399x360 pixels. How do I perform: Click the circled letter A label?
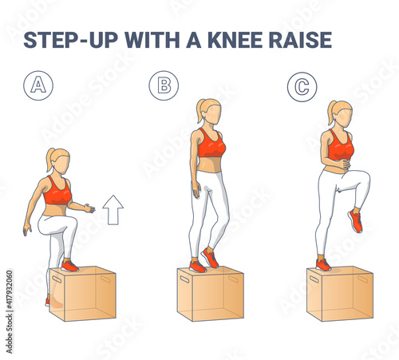point(38,85)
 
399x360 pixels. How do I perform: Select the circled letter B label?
point(164,85)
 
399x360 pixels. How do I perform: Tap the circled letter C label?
point(302,87)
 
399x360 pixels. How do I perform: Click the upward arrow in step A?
point(113,210)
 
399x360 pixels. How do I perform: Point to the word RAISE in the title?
point(301,40)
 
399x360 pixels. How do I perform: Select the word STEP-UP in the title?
point(71,40)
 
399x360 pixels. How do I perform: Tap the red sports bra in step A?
point(57,192)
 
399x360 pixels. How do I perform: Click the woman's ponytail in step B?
point(200,110)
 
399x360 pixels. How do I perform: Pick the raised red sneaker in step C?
point(355,221)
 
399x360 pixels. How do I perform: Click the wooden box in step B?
point(211,294)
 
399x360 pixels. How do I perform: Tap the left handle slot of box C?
point(314,279)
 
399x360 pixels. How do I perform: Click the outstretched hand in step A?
point(89,208)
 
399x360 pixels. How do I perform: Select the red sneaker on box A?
point(70,266)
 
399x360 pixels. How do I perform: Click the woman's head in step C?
point(342,113)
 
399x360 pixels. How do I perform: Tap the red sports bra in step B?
point(211,144)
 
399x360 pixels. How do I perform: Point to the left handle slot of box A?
point(57,279)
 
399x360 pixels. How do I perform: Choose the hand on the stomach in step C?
point(345,164)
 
